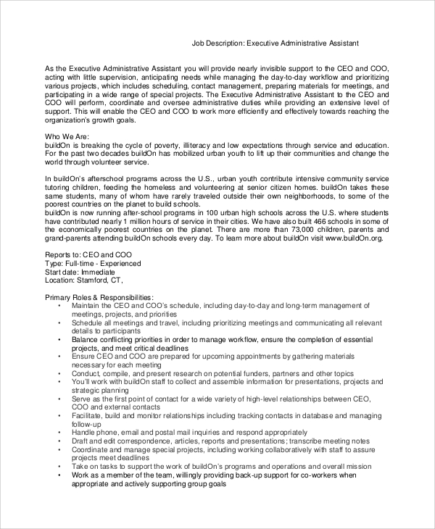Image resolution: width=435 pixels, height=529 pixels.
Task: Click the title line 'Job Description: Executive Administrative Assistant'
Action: coord(275,43)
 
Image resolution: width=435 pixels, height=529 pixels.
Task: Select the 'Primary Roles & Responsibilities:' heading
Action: coord(99,297)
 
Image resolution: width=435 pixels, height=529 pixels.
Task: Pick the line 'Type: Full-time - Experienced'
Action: coord(93,264)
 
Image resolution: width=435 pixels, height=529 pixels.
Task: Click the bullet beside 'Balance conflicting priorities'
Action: coord(59,338)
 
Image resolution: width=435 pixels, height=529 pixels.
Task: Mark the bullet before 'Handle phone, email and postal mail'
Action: coord(59,432)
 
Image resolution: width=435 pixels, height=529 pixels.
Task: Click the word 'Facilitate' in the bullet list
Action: coord(88,415)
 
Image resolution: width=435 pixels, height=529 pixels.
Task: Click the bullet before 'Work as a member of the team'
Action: coord(59,475)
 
